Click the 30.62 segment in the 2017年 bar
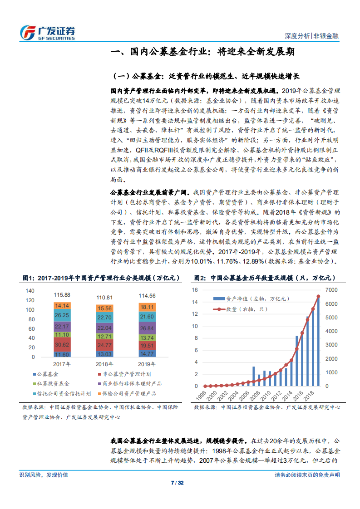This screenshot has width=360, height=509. point(62,344)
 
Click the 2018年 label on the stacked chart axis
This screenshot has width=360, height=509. point(104,363)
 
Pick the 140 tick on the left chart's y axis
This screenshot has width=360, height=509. point(30,290)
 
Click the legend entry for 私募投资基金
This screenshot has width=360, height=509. point(50,384)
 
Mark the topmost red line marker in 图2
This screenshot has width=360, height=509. point(318,296)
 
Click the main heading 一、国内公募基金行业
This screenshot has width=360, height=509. point(203,52)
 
